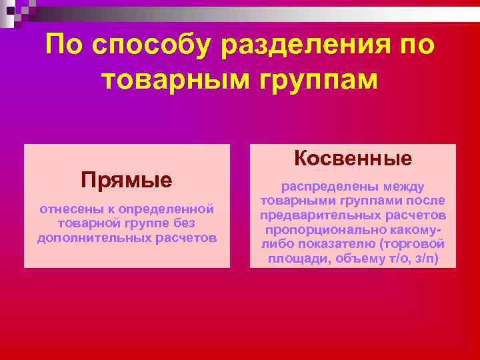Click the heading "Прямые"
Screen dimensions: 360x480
(127, 179)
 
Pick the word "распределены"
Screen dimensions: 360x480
(325, 187)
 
